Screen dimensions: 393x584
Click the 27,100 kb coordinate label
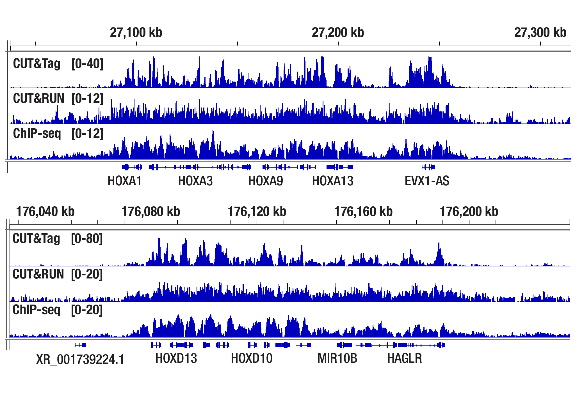click(136, 33)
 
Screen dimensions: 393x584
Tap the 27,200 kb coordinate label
click(338, 33)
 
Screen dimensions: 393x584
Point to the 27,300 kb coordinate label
click(540, 33)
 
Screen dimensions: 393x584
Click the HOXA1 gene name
click(125, 181)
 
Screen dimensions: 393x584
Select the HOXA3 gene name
click(195, 181)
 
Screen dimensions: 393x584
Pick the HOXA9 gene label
click(266, 181)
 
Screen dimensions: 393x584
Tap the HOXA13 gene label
click(333, 181)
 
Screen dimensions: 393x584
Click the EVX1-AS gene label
click(427, 181)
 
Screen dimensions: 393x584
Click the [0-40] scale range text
click(87, 64)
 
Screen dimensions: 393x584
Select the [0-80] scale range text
click(87, 239)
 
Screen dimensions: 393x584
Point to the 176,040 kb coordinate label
click(45, 211)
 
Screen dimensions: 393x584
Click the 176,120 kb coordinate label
click(257, 211)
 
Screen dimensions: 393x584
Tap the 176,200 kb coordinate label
click(469, 211)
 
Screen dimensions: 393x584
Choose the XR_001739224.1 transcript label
click(80, 359)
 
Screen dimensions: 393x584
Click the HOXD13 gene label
click(176, 358)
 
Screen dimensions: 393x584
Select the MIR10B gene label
click(337, 358)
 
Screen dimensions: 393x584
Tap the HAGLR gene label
click(404, 358)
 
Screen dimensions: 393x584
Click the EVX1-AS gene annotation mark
click(428, 167)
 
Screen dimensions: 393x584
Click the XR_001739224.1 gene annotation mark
click(81, 345)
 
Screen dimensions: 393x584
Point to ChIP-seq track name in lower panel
click(36, 310)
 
